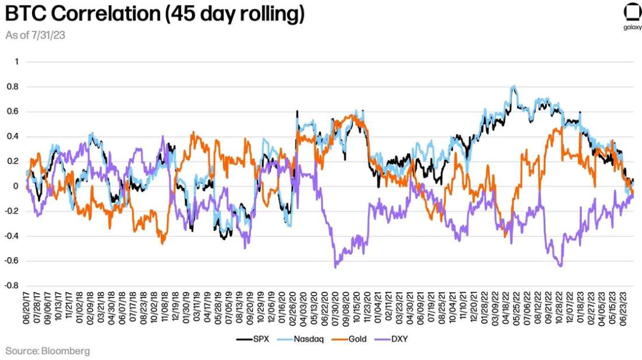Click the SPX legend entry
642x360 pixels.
pyautogui.click(x=253, y=338)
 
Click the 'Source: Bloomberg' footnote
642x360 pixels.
pyautogui.click(x=48, y=351)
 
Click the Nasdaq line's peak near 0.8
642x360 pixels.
pyautogui.click(x=513, y=87)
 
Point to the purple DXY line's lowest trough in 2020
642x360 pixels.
pyautogui.click(x=336, y=267)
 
